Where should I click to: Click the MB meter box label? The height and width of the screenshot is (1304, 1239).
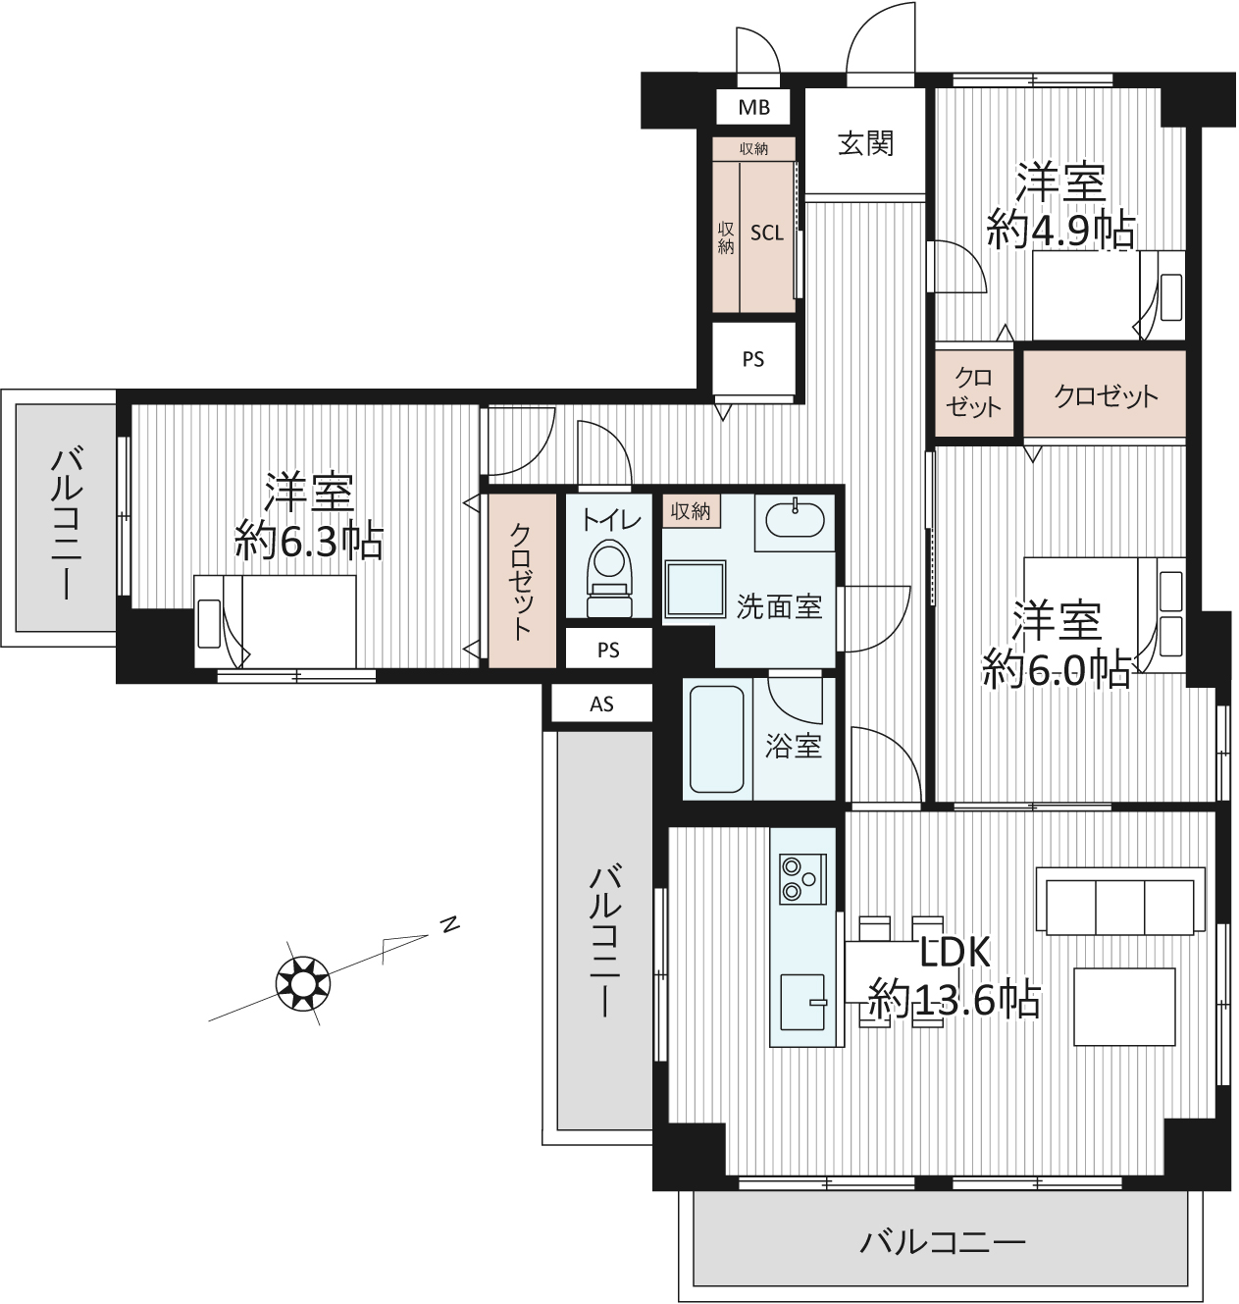tap(754, 107)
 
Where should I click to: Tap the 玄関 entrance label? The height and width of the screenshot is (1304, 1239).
tap(865, 143)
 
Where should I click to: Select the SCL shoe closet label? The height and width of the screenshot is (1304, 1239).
tap(767, 233)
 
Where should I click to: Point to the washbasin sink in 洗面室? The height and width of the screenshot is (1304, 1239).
tap(796, 520)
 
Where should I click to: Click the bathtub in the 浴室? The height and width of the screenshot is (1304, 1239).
tap(716, 739)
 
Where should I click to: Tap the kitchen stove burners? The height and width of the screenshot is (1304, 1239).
tap(802, 879)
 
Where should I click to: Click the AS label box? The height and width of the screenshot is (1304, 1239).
tap(601, 704)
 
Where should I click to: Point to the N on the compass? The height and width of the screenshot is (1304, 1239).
tap(450, 924)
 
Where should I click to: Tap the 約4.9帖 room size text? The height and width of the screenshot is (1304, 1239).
tap(1059, 230)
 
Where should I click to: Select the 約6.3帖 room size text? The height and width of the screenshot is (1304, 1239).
tap(309, 542)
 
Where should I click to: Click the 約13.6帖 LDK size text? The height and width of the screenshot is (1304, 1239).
tap(954, 998)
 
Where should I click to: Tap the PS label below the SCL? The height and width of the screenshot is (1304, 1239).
tap(752, 359)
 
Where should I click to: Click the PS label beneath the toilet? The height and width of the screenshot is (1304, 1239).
tap(608, 650)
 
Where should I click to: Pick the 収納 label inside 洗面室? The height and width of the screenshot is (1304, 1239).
tap(691, 511)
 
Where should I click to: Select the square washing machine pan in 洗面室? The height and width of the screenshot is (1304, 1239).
tap(696, 589)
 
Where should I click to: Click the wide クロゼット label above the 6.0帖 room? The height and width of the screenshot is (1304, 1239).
tap(1105, 396)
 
